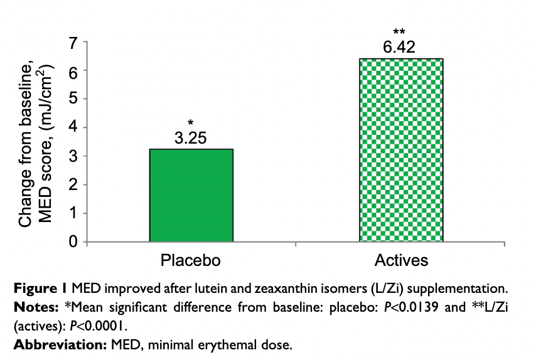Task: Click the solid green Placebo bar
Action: tap(191, 195)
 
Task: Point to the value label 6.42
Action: tap(400, 47)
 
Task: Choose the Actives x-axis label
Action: tap(401, 259)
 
